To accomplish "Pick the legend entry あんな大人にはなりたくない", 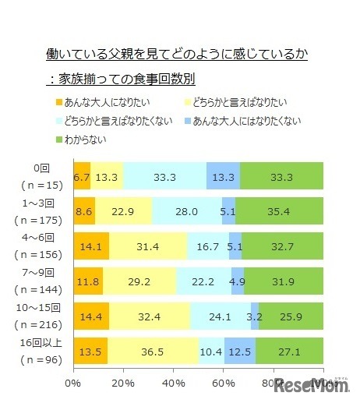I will [x=251, y=121].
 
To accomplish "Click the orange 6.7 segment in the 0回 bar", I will [x=82, y=176].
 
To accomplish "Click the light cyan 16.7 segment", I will [x=210, y=247].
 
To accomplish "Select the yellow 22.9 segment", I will [x=123, y=211].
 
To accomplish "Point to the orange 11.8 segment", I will [x=87, y=282].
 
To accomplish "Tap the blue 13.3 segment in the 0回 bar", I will [x=223, y=176].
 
